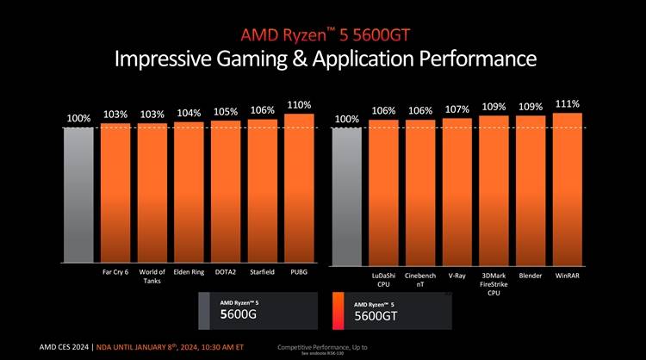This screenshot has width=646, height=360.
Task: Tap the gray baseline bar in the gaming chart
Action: (78, 195)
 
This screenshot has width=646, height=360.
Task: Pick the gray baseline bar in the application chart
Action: (346, 195)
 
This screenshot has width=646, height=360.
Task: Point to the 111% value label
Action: (568, 103)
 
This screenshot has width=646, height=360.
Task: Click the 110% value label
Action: (299, 105)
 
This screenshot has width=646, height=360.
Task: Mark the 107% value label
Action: (457, 109)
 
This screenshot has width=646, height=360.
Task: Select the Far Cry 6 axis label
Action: (115, 272)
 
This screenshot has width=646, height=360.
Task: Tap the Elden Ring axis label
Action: (189, 272)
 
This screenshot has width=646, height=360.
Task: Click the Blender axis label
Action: (531, 276)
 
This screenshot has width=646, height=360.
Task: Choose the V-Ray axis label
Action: (457, 276)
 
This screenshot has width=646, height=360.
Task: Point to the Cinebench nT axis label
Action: (420, 280)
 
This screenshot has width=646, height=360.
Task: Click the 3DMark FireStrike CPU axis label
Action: (494, 284)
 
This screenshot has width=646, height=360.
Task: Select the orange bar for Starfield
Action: (262, 191)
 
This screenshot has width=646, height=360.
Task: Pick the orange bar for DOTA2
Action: (225, 192)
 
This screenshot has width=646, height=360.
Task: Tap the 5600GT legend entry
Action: (392, 311)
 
